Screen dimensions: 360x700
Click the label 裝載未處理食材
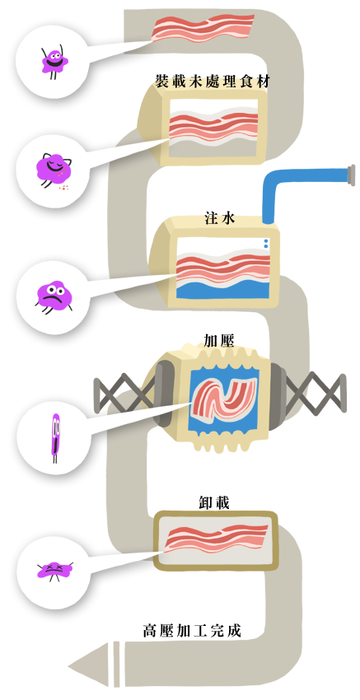click(x=213, y=82)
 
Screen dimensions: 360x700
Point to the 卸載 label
click(x=214, y=502)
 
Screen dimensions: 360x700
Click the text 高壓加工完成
click(x=192, y=630)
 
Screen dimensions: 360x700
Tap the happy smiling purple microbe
click(x=55, y=62)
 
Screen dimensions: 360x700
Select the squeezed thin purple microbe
click(x=55, y=437)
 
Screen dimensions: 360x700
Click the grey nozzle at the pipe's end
click(x=351, y=175)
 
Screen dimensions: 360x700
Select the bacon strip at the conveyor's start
click(x=203, y=28)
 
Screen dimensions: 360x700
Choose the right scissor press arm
click(x=315, y=394)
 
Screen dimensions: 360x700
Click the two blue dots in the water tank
click(x=266, y=243)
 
